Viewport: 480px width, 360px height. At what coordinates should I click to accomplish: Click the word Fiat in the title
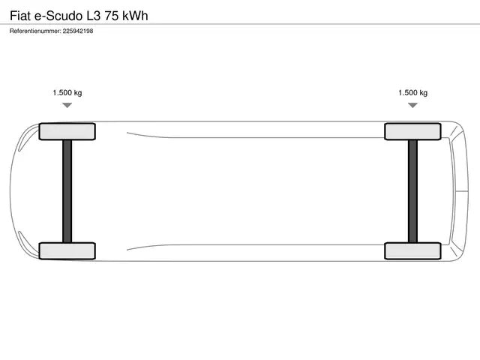coord(20,16)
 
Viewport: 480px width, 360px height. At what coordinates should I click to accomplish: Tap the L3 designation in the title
coord(93,16)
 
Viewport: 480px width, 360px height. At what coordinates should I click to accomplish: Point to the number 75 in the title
coord(112,16)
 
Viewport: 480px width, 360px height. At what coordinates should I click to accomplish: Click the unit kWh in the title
coord(135,16)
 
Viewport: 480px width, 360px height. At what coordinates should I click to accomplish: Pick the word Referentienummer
coord(35,31)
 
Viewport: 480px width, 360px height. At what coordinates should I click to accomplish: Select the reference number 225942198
coord(78,31)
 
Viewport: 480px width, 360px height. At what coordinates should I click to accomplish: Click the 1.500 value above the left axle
coord(62,93)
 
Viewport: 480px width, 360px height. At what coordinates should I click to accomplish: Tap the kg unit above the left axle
coord(78,93)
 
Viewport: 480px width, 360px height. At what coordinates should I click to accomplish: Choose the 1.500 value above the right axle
coord(408,93)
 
